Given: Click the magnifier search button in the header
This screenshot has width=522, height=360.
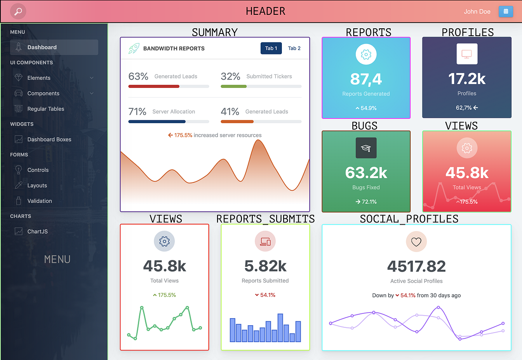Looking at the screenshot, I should [x=18, y=11].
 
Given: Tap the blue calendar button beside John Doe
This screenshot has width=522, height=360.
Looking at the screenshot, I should [x=505, y=11].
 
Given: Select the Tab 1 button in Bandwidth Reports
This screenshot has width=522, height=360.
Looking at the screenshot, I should [x=271, y=48].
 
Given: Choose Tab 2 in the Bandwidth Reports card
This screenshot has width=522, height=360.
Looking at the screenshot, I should [x=294, y=48].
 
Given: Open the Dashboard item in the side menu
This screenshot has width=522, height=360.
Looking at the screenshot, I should [x=42, y=47].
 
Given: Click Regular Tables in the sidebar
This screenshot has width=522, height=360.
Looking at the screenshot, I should [x=46, y=109].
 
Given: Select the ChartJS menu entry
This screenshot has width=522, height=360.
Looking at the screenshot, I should [x=37, y=232].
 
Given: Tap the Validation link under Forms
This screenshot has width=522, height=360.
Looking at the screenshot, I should [x=40, y=201].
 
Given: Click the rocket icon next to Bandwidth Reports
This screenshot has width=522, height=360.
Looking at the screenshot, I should [x=134, y=48].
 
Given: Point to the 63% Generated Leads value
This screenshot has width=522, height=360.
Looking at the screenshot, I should [x=138, y=77].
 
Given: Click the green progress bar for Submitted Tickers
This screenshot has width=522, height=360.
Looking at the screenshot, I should [x=234, y=86].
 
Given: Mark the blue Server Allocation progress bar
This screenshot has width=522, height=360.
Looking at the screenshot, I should [x=157, y=121].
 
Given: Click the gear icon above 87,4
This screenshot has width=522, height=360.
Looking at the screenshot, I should [x=366, y=55].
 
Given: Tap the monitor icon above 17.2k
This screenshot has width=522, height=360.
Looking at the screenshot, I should [x=466, y=54].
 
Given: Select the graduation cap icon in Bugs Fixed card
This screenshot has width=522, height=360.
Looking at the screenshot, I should [x=366, y=148].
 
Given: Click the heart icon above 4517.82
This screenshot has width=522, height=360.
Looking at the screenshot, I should [x=416, y=242].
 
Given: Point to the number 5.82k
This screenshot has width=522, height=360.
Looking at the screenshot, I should [x=265, y=266].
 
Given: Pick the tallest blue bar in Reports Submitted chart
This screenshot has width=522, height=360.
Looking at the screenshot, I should [x=280, y=327].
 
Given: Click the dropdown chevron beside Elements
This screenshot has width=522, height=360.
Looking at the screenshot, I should [x=91, y=78].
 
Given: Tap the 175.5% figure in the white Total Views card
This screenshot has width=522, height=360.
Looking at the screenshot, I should [x=167, y=295].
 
